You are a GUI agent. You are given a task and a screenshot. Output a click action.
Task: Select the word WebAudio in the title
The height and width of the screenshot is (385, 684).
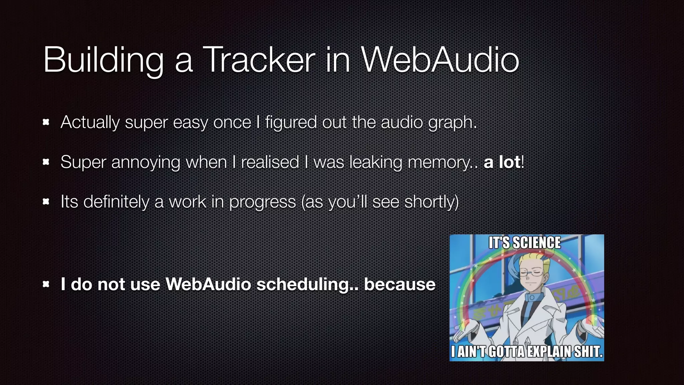pos(440,60)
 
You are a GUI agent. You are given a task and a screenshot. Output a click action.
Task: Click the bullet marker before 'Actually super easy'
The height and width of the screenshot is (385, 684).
pos(46,122)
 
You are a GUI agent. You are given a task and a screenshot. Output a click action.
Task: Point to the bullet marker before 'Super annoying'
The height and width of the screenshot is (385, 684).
pos(46,162)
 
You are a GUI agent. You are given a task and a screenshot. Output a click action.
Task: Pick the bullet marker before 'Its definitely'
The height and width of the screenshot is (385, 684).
pos(46,202)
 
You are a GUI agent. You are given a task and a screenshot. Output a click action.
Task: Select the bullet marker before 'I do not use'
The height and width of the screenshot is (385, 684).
pos(46,284)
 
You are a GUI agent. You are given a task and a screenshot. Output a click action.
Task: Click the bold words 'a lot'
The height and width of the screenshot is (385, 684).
pos(502,162)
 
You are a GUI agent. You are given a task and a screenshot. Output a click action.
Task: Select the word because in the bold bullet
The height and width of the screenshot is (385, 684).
pos(399,284)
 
